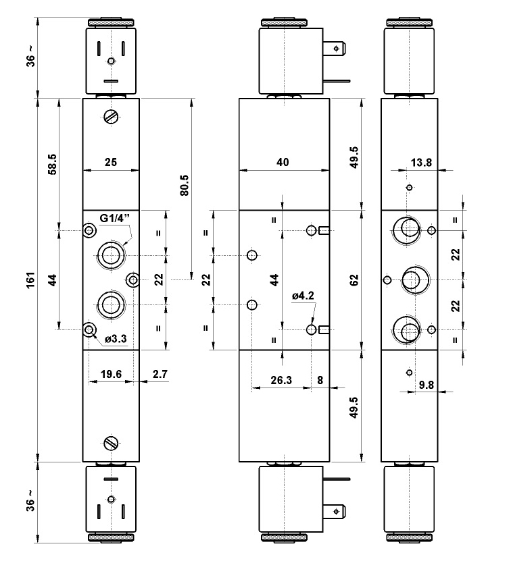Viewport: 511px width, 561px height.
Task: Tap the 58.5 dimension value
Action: point(52,165)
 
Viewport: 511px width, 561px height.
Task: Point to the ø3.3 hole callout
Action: point(116,340)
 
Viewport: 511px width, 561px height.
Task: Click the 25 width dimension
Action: point(111,162)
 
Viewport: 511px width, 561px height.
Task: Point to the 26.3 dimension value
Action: point(280,380)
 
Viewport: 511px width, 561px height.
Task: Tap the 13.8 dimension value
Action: point(422,162)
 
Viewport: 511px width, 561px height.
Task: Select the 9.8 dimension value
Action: point(427,385)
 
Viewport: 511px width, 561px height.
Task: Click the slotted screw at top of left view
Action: point(111,117)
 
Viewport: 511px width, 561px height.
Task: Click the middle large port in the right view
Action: point(412,279)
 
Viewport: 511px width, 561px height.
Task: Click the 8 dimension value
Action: point(320,380)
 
